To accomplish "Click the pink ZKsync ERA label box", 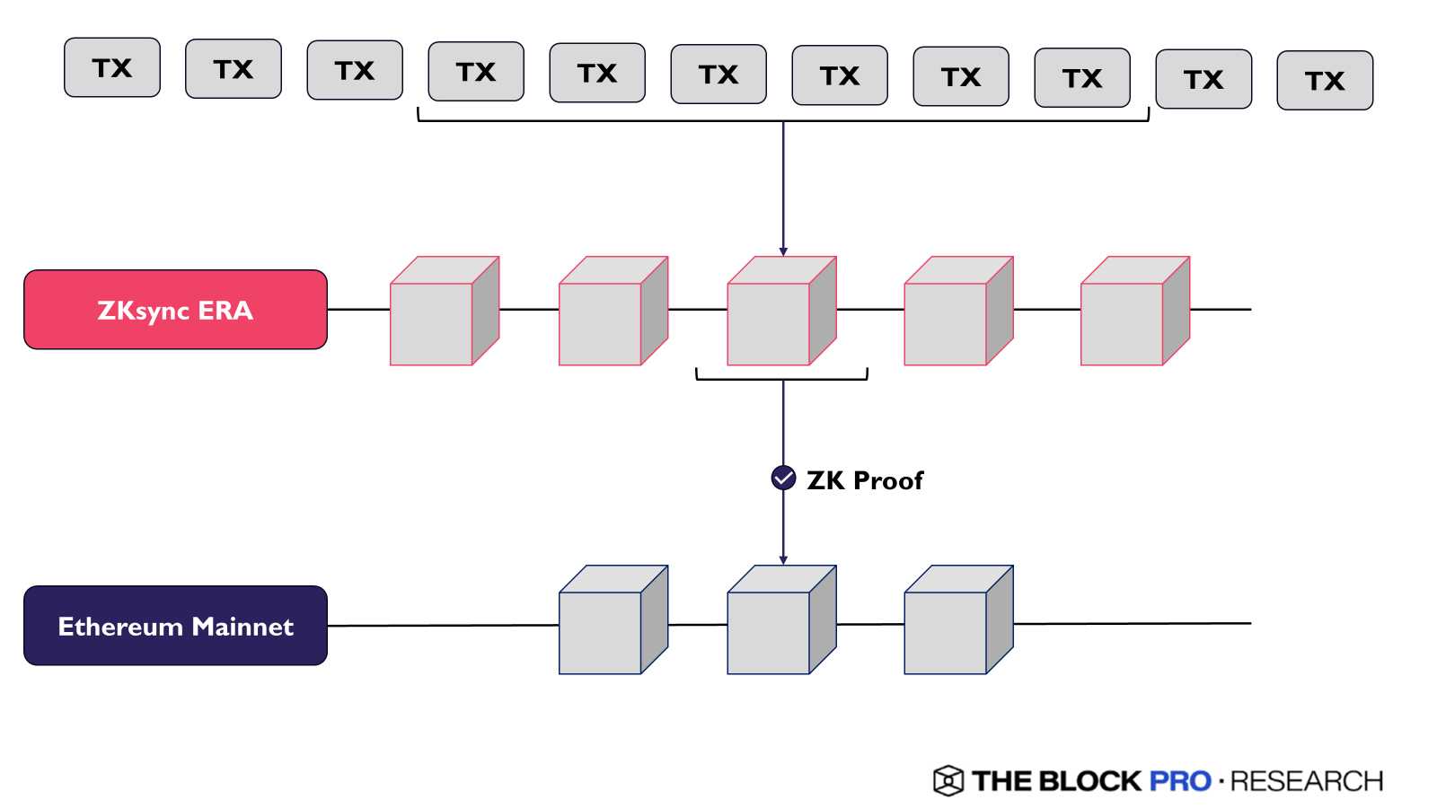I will click(x=175, y=310).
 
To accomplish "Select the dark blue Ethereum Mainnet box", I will click(x=175, y=626).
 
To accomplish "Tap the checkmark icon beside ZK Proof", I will click(x=783, y=479).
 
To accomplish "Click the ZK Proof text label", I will click(x=864, y=480).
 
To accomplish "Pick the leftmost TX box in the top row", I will click(x=112, y=67).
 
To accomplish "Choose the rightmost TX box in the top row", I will click(x=1325, y=81).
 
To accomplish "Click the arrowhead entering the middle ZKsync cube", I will click(x=783, y=252).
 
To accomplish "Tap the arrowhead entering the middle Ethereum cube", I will click(x=783, y=560).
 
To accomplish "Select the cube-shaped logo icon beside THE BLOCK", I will click(x=948, y=781).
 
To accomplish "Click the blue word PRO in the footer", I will click(x=1180, y=781).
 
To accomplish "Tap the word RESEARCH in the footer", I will click(x=1307, y=781).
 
